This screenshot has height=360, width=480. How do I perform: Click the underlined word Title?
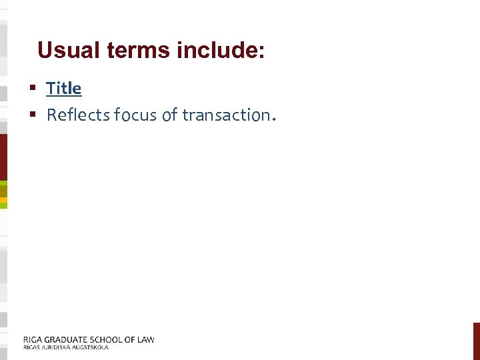point(64,88)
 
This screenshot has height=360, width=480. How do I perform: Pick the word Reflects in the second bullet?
point(78,115)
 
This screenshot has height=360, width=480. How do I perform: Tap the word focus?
point(137,115)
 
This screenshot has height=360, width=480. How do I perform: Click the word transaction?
point(227,115)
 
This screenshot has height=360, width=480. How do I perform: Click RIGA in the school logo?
point(33,339)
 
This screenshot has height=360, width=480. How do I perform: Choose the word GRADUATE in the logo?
point(67,339)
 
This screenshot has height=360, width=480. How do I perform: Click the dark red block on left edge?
point(3,157)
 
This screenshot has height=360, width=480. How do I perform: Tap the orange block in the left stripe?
point(3,199)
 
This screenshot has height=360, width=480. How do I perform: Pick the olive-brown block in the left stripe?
point(3,191)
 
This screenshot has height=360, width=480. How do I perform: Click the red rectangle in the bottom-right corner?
point(476,341)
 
